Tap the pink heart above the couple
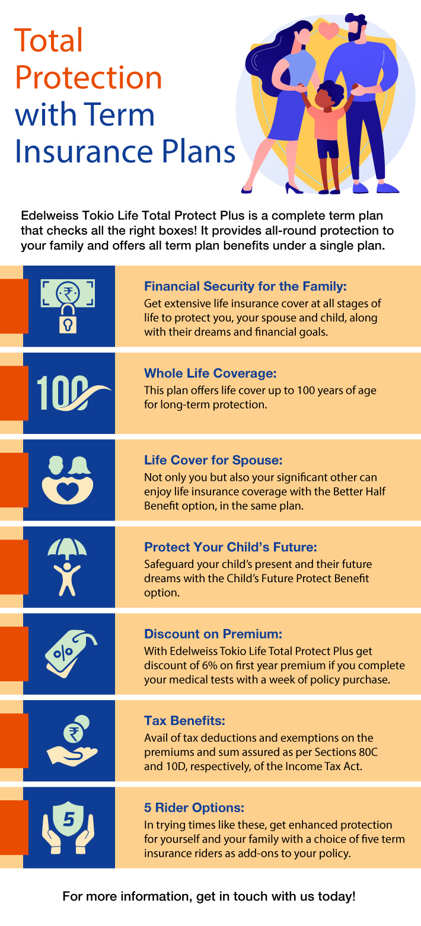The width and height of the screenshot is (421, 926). click(329, 29)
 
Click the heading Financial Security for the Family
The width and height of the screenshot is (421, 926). click(245, 287)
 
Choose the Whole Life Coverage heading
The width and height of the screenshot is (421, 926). click(210, 374)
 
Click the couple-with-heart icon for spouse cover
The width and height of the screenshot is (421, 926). click(68, 480)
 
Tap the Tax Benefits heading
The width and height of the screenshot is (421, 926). click(185, 721)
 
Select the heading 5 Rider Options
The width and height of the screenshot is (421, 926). click(194, 808)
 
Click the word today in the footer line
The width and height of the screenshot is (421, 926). click(338, 896)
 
